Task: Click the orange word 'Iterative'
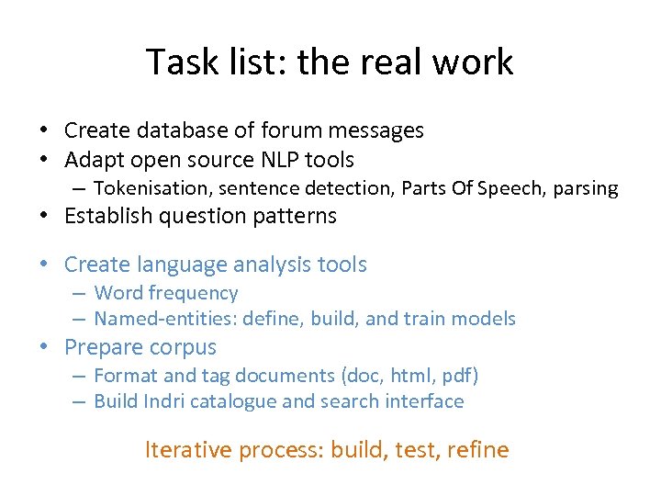pos(188,450)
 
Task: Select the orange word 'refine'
pos(478,450)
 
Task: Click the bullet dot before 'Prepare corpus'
pos(44,348)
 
